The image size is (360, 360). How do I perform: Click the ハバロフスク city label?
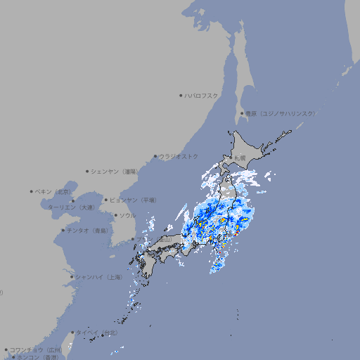202,95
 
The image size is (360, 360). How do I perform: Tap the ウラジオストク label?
179,156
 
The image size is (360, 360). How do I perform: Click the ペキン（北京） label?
54,191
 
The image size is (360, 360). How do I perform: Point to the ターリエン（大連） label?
71,207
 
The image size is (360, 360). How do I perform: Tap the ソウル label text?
127,215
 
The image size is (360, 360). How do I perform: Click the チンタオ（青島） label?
88,230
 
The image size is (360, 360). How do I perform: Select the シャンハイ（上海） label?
98,277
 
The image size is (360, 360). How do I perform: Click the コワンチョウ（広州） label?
36,349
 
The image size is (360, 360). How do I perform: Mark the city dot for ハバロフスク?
181,95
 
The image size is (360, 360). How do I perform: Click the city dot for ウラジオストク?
155,156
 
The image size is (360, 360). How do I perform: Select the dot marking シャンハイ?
72,277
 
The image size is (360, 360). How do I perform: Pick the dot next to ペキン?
32,191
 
